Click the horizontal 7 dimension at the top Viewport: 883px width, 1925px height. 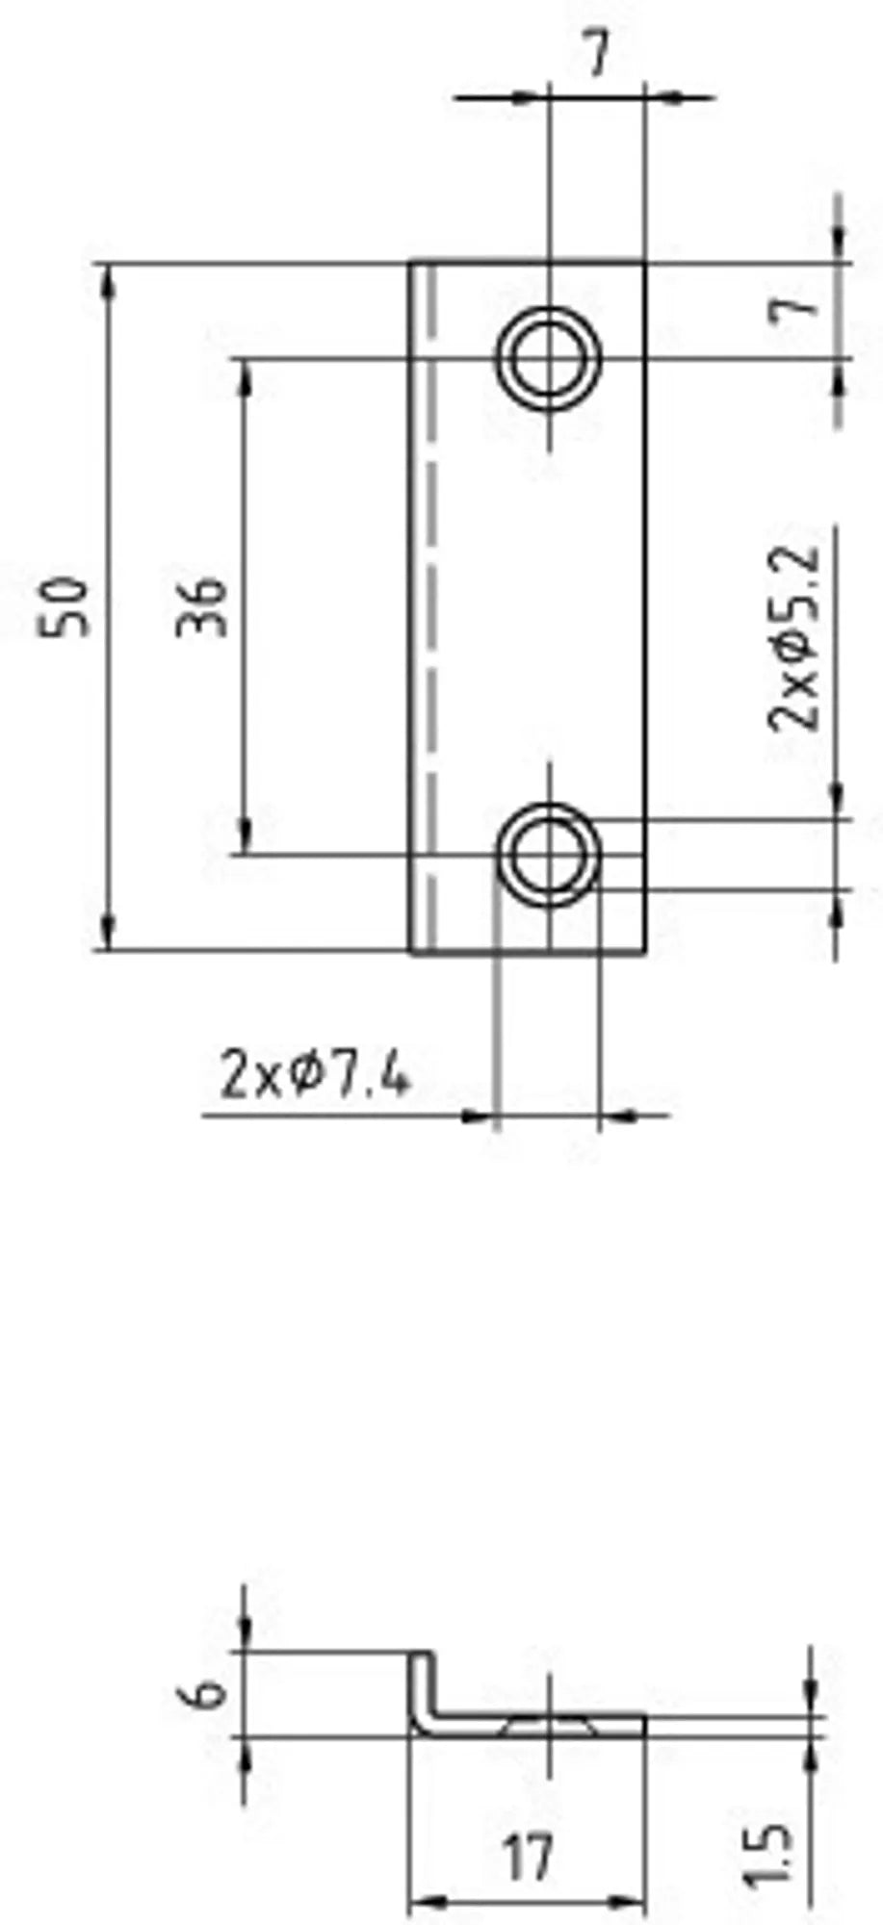coord(598,56)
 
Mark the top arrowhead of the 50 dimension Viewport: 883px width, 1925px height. coord(109,279)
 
